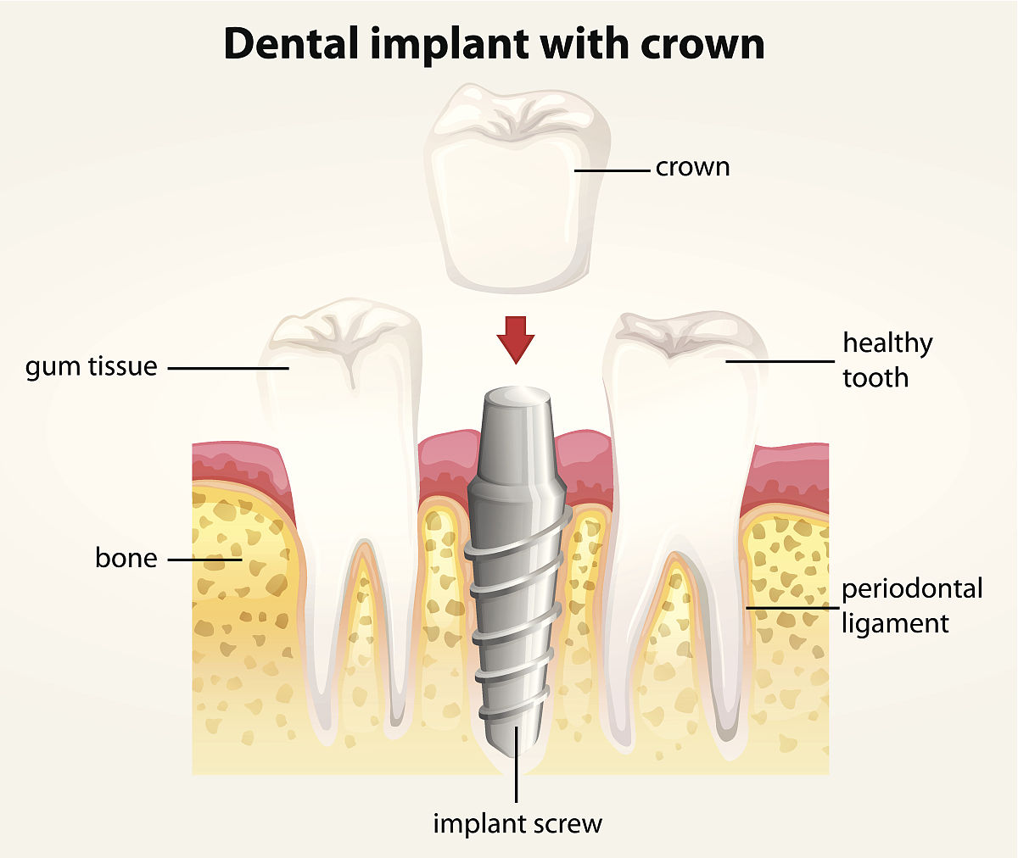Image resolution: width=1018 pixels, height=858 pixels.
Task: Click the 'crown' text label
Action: pos(692,167)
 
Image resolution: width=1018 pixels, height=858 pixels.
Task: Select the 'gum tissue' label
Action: pos(92,367)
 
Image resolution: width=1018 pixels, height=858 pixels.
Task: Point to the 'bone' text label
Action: pos(126,559)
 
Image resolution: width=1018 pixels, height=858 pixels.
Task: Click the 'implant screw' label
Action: pos(517,823)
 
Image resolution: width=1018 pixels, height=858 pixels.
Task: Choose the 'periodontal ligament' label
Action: pos(912,605)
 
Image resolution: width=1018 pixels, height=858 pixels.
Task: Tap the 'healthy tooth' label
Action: pos(887,359)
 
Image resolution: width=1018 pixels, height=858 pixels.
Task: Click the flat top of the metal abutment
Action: pos(516,396)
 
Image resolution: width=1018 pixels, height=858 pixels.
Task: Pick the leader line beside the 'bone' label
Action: pos(204,560)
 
